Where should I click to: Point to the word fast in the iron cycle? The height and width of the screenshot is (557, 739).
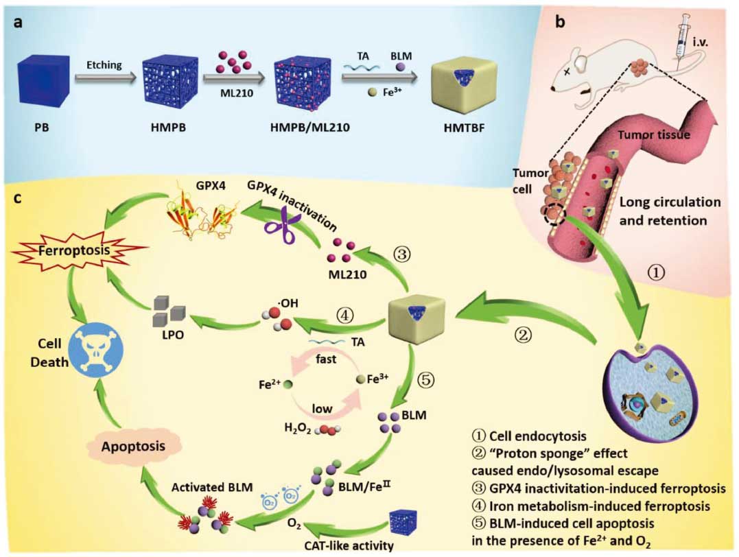pos(325,359)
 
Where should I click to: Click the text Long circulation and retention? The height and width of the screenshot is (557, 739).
pos(670,211)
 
